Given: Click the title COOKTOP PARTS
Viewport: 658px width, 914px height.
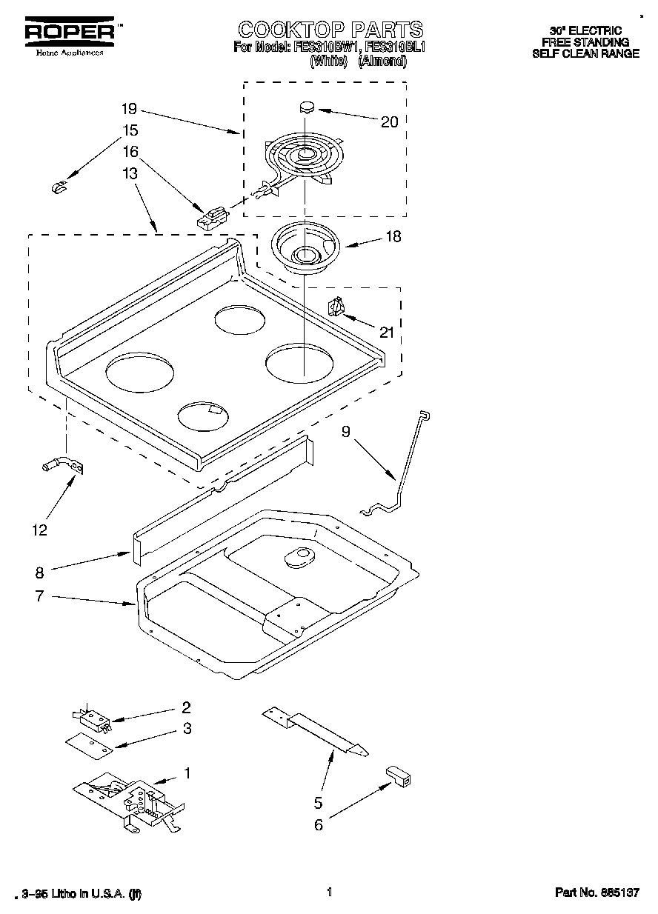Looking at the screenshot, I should tap(330, 30).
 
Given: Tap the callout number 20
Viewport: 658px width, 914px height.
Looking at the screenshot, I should tap(389, 122).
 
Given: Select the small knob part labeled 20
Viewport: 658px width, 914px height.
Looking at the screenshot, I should tap(307, 107).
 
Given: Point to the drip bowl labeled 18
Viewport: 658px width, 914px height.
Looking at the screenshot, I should tap(304, 246).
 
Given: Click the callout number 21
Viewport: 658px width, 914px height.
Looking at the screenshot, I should tap(387, 332).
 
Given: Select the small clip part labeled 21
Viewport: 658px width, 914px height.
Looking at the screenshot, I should tap(336, 306).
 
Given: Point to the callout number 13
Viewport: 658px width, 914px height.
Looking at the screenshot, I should tap(130, 173).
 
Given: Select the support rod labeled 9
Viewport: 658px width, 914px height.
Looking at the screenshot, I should tap(404, 467).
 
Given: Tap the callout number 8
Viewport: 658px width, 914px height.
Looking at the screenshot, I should tap(40, 572).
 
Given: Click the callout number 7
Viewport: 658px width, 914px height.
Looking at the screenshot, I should tap(40, 596).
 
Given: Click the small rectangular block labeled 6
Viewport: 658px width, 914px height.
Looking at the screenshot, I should tap(398, 776).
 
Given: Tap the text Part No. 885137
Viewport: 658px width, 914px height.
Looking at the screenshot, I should tap(596, 893).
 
